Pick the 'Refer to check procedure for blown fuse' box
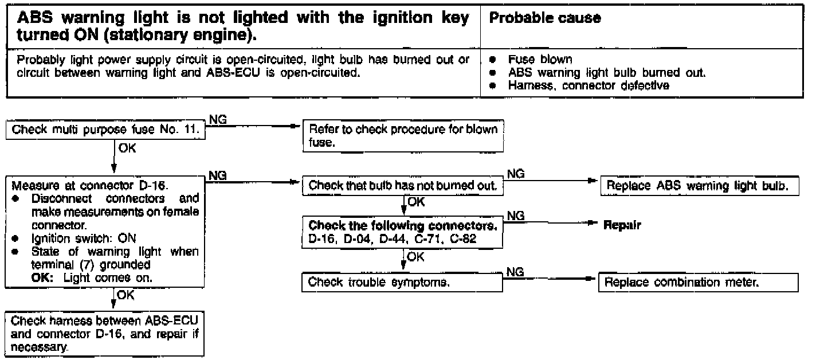pyautogui.click(x=403, y=135)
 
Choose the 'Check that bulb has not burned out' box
pyautogui.click(x=402, y=186)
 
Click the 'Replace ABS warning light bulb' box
pyautogui.click(x=699, y=186)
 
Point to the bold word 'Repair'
pyautogui.click(x=622, y=225)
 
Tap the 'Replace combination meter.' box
pyautogui.click(x=698, y=282)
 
